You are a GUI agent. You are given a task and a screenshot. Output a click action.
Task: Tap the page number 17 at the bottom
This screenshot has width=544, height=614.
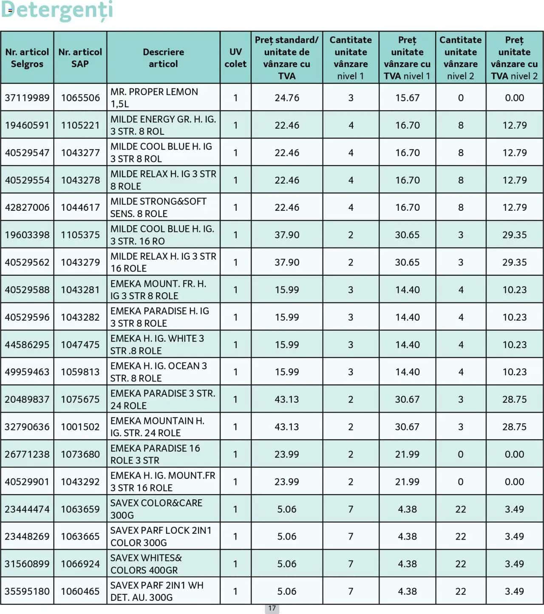[x=272, y=608]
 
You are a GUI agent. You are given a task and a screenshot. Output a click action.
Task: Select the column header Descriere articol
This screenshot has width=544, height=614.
[x=163, y=58]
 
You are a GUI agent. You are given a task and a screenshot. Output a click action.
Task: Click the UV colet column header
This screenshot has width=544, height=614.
[x=235, y=58]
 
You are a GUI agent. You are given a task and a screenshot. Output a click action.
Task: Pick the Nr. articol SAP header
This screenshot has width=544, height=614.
[x=80, y=58]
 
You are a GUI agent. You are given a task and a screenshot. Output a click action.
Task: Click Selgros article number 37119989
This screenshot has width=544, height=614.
[x=27, y=98]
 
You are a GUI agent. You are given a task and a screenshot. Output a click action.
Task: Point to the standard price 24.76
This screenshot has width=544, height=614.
[x=287, y=98]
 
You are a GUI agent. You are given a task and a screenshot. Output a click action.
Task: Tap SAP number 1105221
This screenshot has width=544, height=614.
[x=80, y=125]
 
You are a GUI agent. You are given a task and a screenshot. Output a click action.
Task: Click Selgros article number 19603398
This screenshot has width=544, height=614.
[x=27, y=235]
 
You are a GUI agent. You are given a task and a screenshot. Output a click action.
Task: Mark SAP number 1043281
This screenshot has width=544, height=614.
[x=80, y=290]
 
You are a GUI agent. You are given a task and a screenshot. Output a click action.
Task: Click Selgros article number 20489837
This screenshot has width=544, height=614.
[x=27, y=399]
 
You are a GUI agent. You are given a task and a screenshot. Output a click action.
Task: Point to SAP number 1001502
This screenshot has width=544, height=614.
[x=80, y=427]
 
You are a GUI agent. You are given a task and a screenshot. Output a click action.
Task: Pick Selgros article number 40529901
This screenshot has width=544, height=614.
[x=27, y=482]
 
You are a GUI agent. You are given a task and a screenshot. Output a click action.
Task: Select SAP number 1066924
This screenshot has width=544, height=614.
[x=80, y=564]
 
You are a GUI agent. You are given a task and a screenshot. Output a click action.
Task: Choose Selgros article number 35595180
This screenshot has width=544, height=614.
[x=27, y=591]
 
